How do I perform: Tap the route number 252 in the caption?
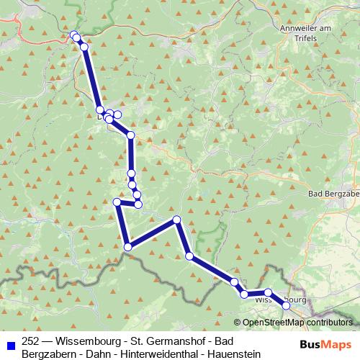31,342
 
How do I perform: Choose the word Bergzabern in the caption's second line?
48,354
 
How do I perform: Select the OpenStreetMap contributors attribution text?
297,323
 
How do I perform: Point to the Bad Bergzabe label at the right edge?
333,194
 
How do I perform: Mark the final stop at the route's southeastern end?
286,305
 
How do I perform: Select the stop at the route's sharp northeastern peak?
176,220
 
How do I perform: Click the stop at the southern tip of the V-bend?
128,247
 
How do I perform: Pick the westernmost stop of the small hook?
117,202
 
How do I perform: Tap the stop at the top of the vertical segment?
130,135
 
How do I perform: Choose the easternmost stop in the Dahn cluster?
117,114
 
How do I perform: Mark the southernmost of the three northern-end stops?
84,47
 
